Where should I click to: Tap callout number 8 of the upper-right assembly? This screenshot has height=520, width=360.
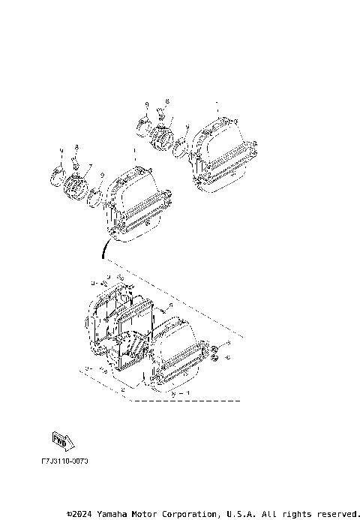click(x=167, y=100)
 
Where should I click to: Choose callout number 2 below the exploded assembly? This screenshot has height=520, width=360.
click(x=122, y=390)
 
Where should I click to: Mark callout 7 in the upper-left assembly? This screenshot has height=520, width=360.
click(x=91, y=166)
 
